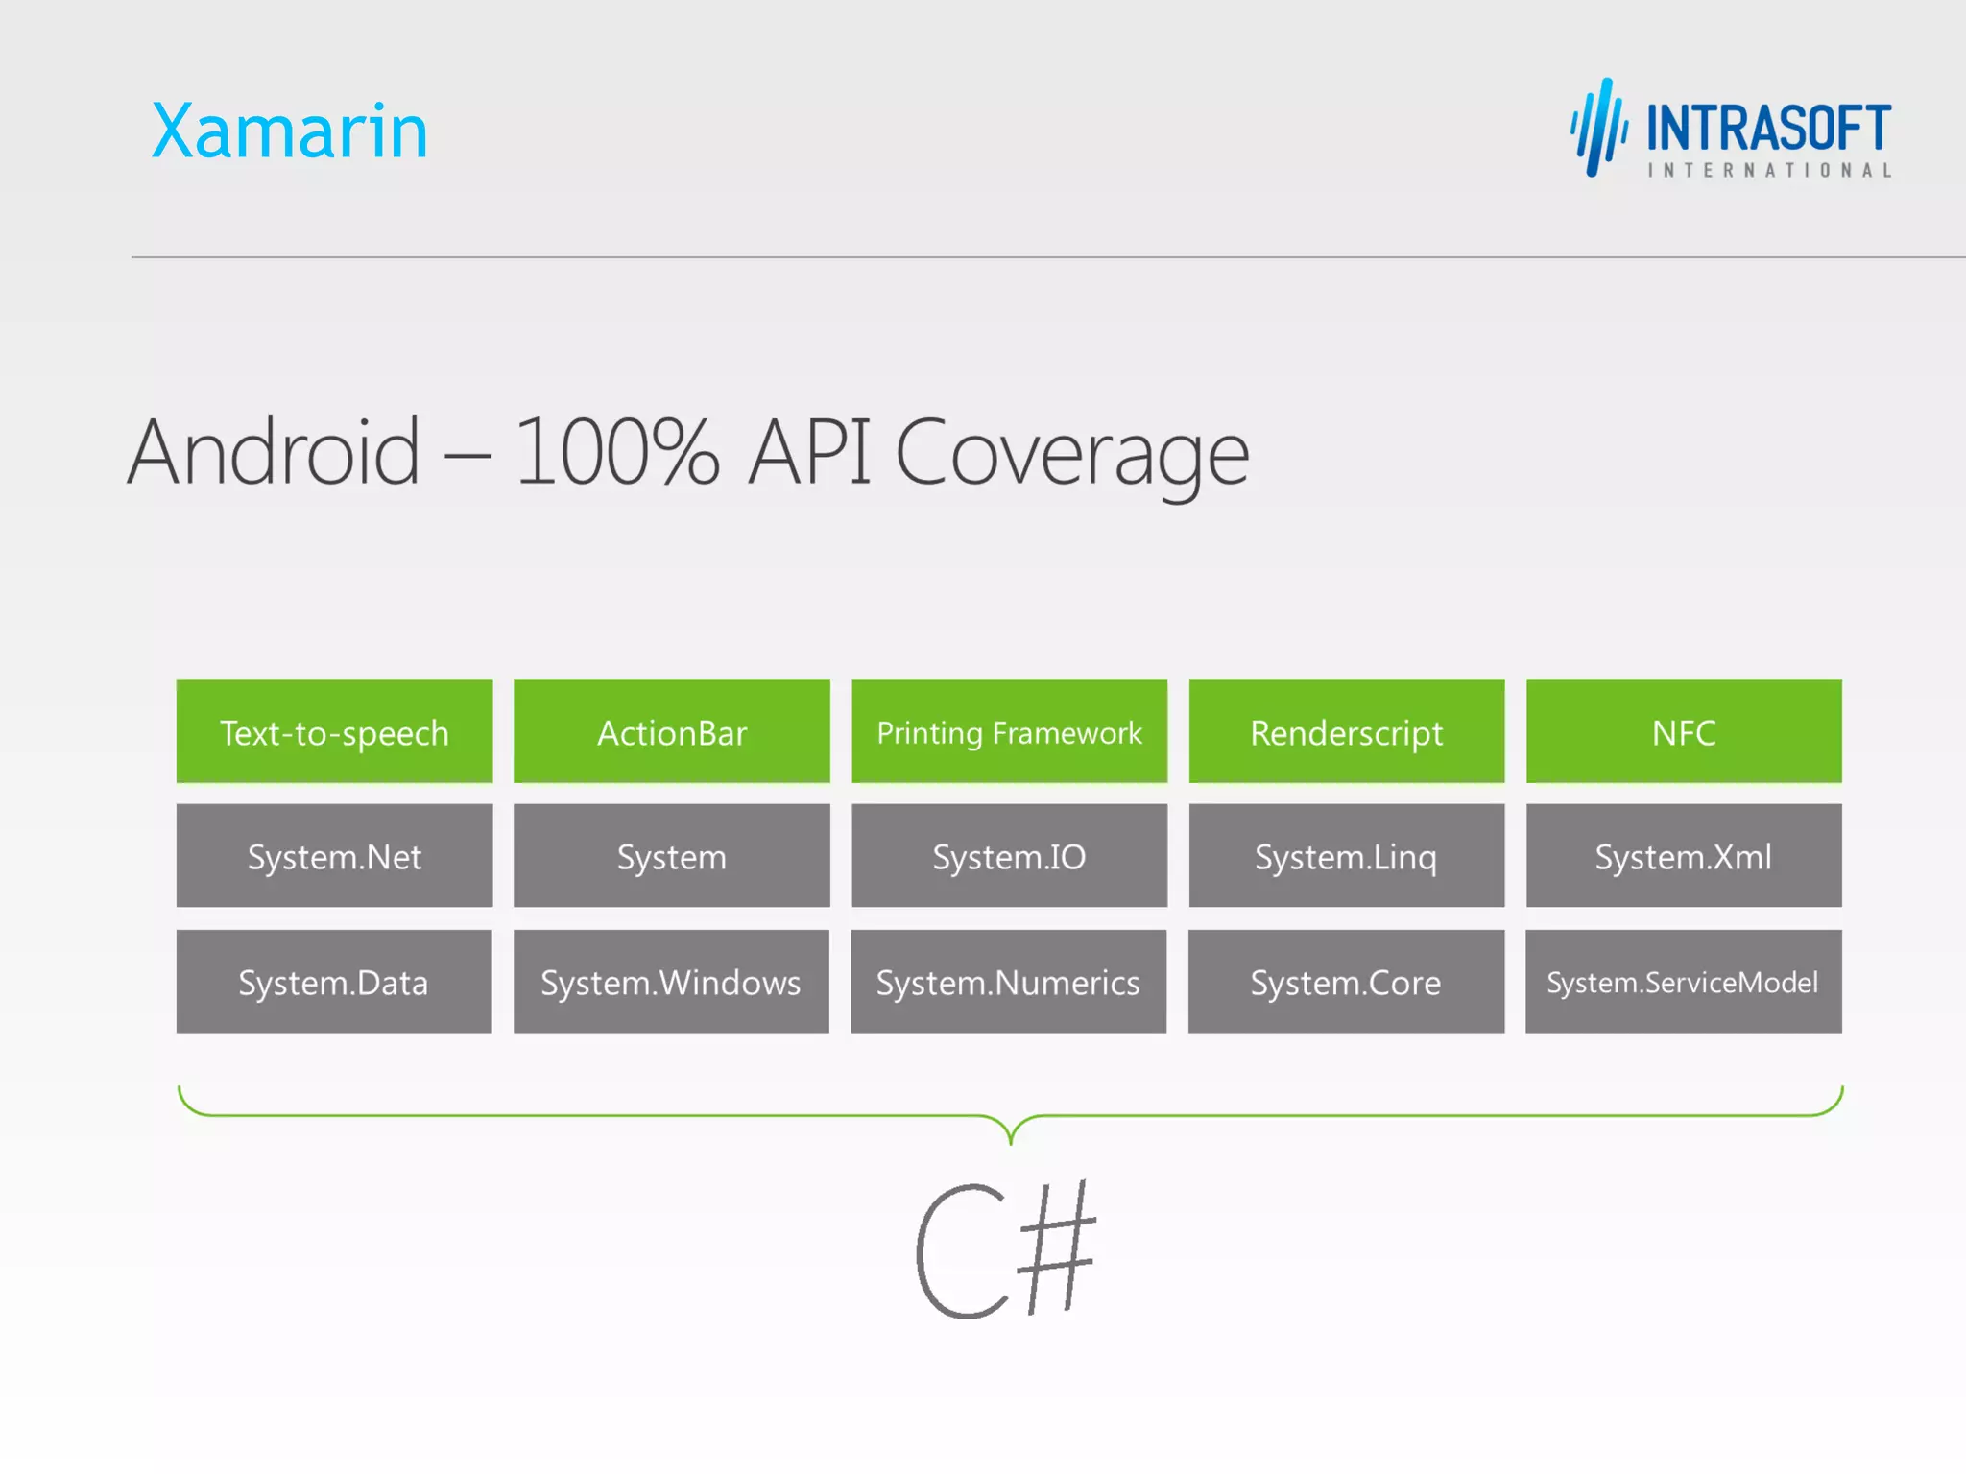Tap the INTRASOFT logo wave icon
click(1598, 128)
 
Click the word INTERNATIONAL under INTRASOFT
click(1769, 171)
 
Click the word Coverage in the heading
click(1071, 453)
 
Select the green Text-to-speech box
click(334, 732)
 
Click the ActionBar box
click(672, 732)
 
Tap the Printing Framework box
click(1009, 732)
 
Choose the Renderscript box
click(1346, 732)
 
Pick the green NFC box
click(1684, 732)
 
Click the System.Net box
click(334, 856)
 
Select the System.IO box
click(1009, 856)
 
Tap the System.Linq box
click(1346, 856)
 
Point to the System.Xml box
click(1684, 856)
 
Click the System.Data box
click(334, 982)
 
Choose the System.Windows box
click(671, 982)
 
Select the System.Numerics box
click(1008, 982)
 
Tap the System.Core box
click(1346, 982)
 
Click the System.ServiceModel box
click(1683, 982)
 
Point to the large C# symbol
click(1005, 1249)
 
